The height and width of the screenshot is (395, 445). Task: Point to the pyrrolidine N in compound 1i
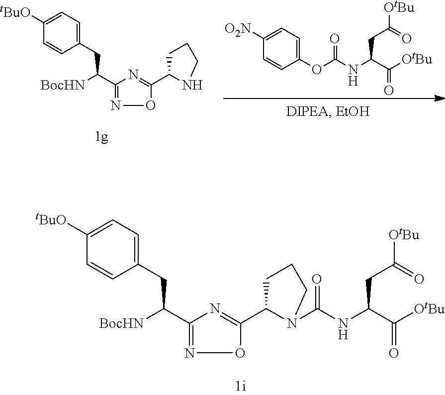coord(294,323)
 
